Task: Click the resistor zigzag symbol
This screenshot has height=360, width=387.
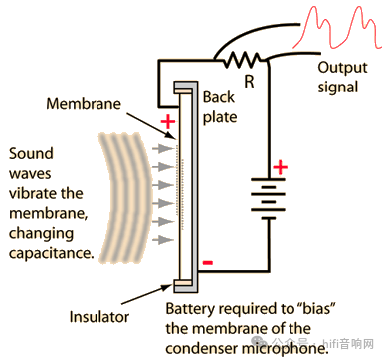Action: point(242,60)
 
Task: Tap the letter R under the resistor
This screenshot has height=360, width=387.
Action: point(249,81)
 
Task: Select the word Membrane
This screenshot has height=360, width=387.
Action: point(84,104)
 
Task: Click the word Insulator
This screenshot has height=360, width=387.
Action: point(98,317)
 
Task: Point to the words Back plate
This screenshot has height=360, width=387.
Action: point(220,107)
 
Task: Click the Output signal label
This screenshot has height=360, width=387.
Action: point(342,78)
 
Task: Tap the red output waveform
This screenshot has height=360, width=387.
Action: point(335,27)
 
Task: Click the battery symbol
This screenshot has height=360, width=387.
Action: point(268,198)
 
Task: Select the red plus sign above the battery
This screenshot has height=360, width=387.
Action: point(281,167)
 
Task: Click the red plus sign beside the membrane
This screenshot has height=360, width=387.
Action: point(168,122)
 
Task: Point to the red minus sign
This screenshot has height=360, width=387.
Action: point(208,263)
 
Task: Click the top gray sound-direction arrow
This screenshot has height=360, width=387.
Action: point(163,149)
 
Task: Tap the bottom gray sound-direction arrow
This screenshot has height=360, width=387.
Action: point(163,239)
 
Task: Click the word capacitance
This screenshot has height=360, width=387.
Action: point(51,253)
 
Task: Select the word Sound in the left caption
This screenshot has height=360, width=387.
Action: point(31,153)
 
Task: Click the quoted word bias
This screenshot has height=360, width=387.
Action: point(314,309)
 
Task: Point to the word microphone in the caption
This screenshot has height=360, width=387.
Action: point(284,349)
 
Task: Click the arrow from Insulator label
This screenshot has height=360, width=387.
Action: point(147,294)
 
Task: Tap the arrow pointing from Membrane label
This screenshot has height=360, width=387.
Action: point(151,126)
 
